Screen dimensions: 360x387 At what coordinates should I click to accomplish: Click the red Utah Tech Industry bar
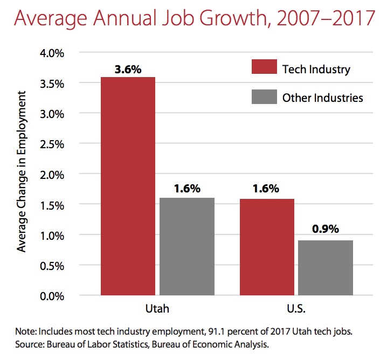coord(128,186)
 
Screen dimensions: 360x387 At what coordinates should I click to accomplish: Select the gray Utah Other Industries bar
coord(187,247)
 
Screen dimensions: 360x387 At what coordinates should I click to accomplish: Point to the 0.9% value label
coord(326,229)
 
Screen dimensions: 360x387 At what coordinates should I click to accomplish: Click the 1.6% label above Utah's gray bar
coord(187,189)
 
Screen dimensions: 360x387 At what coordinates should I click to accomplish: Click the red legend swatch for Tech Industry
coord(264,69)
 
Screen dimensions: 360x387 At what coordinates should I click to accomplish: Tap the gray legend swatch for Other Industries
coord(264,98)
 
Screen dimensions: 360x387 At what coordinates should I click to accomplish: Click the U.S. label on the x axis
coord(296,310)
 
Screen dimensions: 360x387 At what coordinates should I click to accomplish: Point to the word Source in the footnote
coord(30,342)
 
